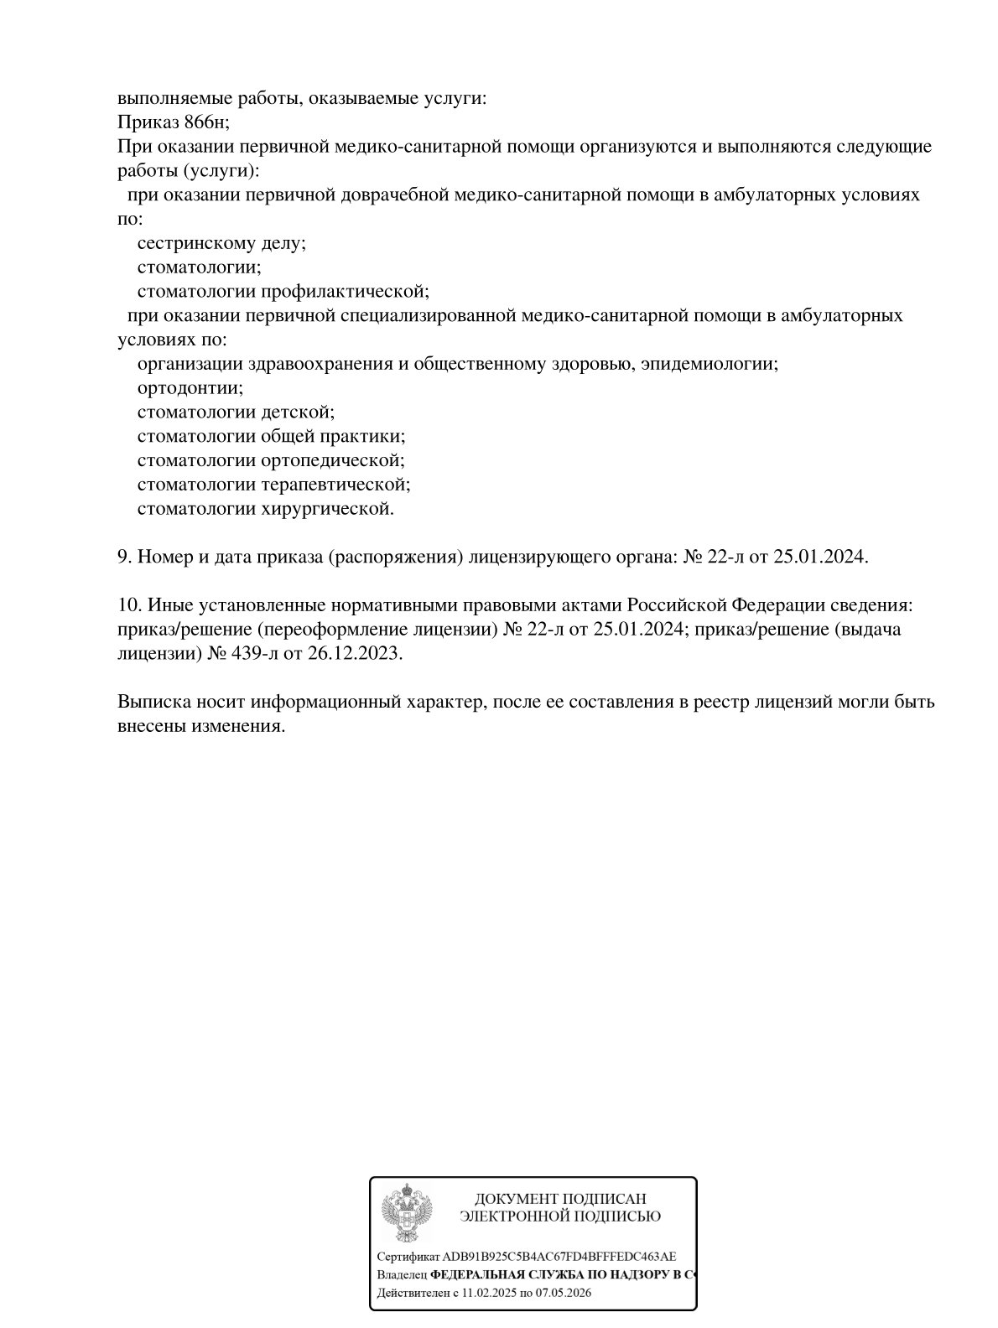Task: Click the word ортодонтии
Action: point(190,388)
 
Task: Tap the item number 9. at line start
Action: point(124,557)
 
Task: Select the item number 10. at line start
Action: point(127,605)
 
